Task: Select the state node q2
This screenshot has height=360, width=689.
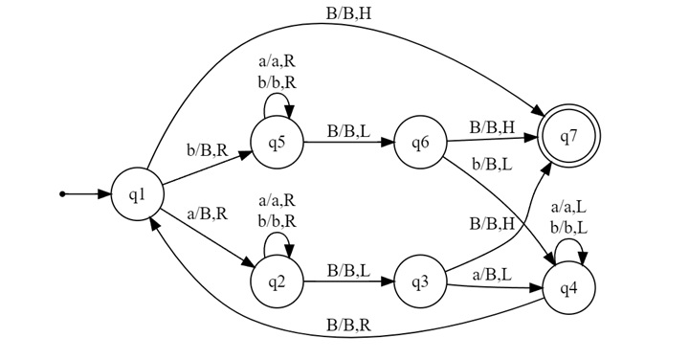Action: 277,281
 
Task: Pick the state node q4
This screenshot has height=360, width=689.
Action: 568,287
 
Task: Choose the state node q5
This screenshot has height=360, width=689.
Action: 277,144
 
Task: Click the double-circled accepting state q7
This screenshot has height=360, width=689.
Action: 568,137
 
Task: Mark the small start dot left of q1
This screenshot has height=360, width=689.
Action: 62,194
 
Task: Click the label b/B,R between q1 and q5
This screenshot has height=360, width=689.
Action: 207,150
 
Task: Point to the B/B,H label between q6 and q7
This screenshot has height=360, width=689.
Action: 492,125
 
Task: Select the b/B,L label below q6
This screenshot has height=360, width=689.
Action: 491,165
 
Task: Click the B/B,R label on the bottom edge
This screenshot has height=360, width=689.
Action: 349,326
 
